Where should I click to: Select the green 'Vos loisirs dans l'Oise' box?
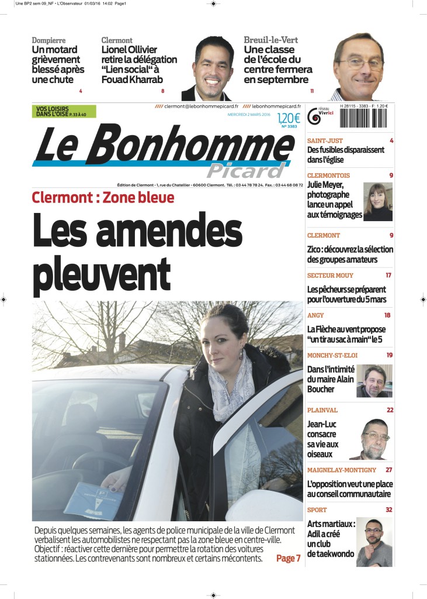pyautogui.click(x=64, y=111)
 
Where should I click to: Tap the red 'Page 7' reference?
pyautogui.click(x=289, y=558)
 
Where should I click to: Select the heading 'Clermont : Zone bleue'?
pyautogui.click(x=103, y=197)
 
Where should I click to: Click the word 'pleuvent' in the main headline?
pyautogui.click(x=102, y=271)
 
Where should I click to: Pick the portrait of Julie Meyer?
pyautogui.click(x=377, y=202)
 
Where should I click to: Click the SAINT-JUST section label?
pyautogui.click(x=325, y=141)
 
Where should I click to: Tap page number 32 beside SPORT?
pyautogui.click(x=388, y=510)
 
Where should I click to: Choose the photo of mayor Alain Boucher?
pyautogui.click(x=374, y=381)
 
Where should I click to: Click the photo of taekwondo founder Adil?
pyautogui.click(x=374, y=542)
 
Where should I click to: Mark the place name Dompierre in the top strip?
pyautogui.click(x=48, y=40)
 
